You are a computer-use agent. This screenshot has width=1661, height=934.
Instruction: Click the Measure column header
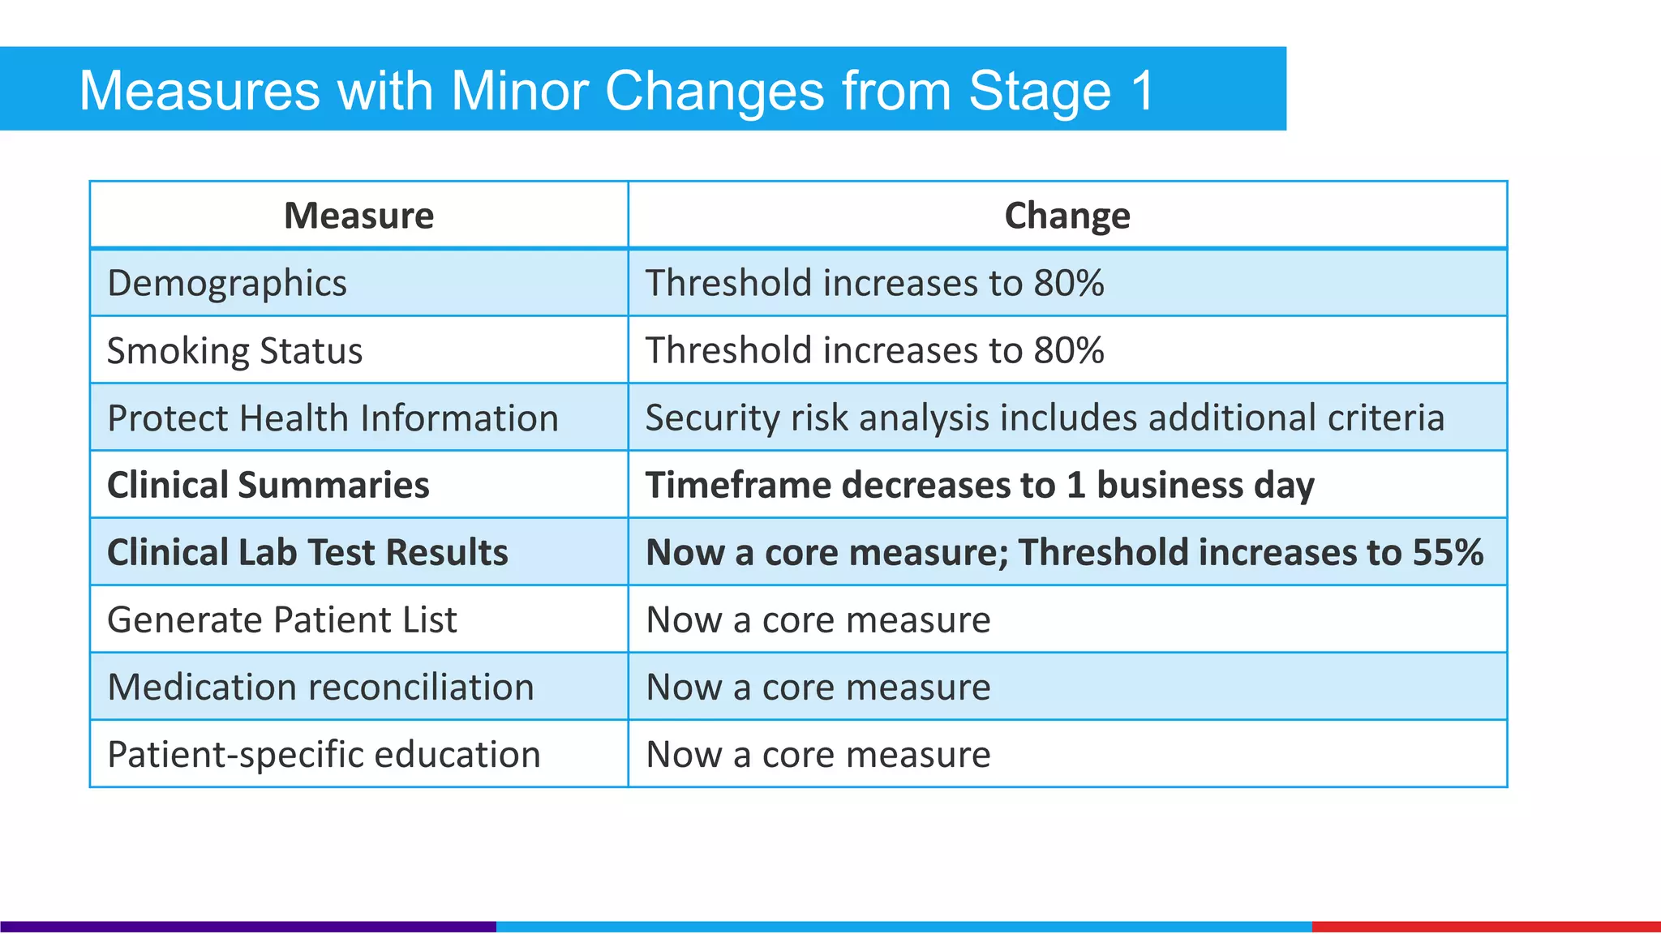pyautogui.click(x=358, y=216)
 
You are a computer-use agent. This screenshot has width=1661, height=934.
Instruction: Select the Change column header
pyautogui.click(x=1067, y=216)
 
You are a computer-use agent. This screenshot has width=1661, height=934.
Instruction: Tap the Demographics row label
pyautogui.click(x=227, y=283)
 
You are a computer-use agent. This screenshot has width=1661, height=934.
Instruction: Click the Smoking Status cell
pyautogui.click(x=234, y=350)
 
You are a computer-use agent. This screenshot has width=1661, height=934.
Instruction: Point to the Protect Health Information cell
pyautogui.click(x=333, y=418)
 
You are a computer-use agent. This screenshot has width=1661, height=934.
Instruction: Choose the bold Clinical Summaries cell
pyautogui.click(x=268, y=485)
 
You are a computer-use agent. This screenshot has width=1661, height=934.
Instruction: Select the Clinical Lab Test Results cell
pyautogui.click(x=307, y=552)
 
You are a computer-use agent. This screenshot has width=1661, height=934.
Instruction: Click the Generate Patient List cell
pyautogui.click(x=281, y=619)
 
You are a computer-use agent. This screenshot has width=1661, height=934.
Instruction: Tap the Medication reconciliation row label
pyautogui.click(x=320, y=687)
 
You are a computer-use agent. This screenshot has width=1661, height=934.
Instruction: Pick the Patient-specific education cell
pyautogui.click(x=324, y=754)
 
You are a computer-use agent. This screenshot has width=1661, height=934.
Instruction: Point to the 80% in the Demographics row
pyautogui.click(x=1068, y=283)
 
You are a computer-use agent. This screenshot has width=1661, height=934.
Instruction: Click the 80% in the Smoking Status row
pyautogui.click(x=1068, y=350)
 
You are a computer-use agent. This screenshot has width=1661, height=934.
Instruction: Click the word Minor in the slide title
pyautogui.click(x=519, y=90)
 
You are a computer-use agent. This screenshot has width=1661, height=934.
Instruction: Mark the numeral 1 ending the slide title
pyautogui.click(x=1143, y=90)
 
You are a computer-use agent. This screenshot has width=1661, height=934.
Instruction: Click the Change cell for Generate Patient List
pyautogui.click(x=818, y=619)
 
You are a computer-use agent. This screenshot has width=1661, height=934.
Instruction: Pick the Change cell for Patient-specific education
pyautogui.click(x=818, y=754)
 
